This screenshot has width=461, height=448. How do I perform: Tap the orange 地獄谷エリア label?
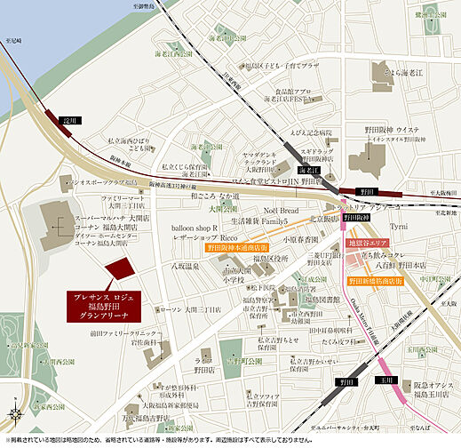click(367, 242)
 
